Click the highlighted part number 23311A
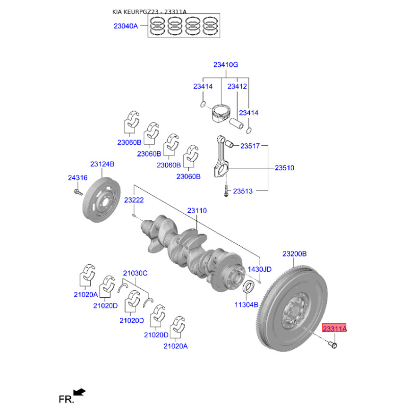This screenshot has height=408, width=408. click(x=335, y=328)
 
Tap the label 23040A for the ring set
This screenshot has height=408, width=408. click(x=125, y=26)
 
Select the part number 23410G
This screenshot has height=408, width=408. click(x=225, y=65)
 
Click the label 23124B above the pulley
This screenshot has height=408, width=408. click(x=103, y=164)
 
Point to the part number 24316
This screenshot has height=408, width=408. click(x=78, y=177)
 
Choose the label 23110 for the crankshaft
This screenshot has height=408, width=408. click(x=197, y=211)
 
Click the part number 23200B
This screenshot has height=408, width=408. click(x=295, y=253)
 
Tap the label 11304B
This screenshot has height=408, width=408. click(x=246, y=304)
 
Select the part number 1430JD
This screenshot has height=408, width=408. click(x=260, y=269)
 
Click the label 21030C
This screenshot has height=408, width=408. click(x=135, y=273)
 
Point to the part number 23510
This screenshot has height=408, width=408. click(x=285, y=168)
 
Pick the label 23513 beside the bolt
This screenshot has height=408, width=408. click(x=243, y=191)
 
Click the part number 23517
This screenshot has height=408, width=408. click(x=250, y=146)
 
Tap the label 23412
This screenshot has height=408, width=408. click(x=237, y=86)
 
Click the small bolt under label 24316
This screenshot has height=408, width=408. click(x=78, y=193)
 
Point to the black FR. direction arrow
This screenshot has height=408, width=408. click(x=80, y=392)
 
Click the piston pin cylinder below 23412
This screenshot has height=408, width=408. click(x=236, y=123)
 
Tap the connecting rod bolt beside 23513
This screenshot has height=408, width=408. click(x=226, y=191)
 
